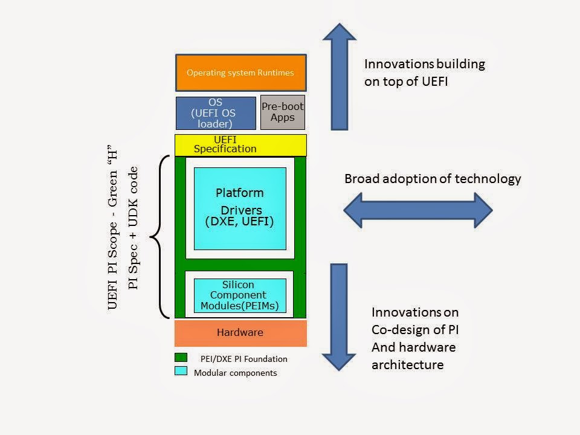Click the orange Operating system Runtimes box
(x=240, y=72)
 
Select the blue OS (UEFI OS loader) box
(x=216, y=114)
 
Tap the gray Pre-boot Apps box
(x=282, y=112)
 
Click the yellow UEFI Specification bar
(x=240, y=145)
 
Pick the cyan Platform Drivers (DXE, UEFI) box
(x=240, y=208)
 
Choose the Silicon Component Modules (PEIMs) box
(x=240, y=295)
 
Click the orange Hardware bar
(x=240, y=333)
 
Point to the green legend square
(x=181, y=357)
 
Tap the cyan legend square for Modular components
(x=181, y=371)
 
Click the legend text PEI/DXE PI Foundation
(x=244, y=359)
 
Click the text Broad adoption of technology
(x=433, y=179)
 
